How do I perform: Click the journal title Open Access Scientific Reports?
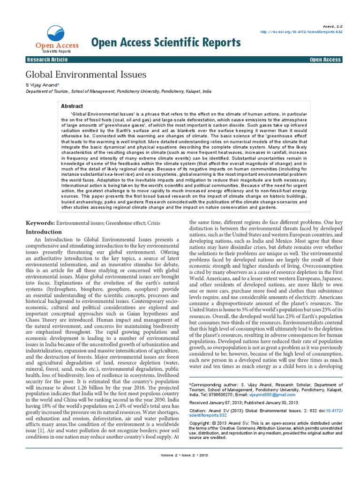pos(166,43)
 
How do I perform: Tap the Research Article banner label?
pos(47,60)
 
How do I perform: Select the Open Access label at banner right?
pos(325,60)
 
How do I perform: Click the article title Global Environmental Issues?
pos(85,75)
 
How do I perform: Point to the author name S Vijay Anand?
pos(41,85)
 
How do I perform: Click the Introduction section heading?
pos(44,232)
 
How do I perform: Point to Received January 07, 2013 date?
pos(217,402)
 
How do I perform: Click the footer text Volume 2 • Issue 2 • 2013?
pos(180,468)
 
